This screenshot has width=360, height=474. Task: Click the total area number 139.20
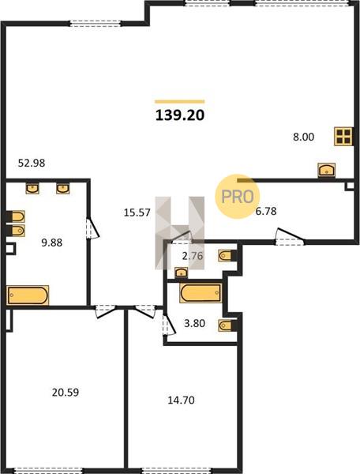click(x=180, y=115)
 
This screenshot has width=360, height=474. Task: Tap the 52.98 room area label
click(x=32, y=164)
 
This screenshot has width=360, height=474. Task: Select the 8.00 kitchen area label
click(x=303, y=137)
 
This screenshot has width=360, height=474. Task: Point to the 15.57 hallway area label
click(x=137, y=213)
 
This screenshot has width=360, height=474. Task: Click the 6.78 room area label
click(x=266, y=211)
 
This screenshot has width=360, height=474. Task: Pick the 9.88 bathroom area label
click(x=51, y=243)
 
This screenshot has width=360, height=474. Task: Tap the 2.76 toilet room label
click(x=193, y=256)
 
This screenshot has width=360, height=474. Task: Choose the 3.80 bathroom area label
click(x=194, y=323)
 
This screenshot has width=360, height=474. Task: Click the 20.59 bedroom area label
click(x=66, y=393)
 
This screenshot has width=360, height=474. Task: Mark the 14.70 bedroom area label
click(x=181, y=401)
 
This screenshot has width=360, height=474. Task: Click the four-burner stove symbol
click(x=343, y=136)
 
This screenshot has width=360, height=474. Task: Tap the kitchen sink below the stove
click(x=327, y=170)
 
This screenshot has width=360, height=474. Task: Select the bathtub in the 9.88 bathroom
click(x=28, y=295)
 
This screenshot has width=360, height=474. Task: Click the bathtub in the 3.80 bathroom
click(x=201, y=292)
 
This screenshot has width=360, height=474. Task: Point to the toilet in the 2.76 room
click(x=227, y=256)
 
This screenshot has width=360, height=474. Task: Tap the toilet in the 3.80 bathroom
click(x=227, y=325)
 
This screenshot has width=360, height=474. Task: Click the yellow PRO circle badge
click(x=238, y=197)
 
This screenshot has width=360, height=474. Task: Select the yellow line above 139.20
click(x=180, y=102)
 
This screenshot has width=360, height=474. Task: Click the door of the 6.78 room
click(x=290, y=235)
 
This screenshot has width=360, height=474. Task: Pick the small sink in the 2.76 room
click(x=182, y=273)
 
